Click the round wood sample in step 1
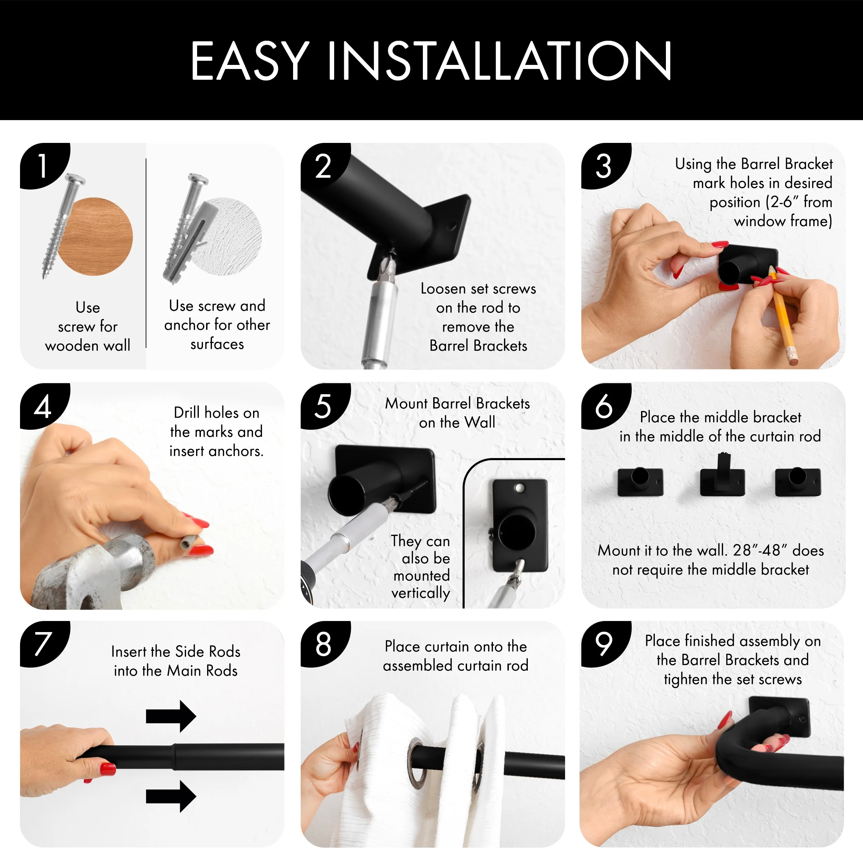pos(95,236)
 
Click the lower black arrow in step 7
pos(171,796)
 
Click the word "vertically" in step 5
pos(421,593)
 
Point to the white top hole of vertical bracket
pos(519,488)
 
